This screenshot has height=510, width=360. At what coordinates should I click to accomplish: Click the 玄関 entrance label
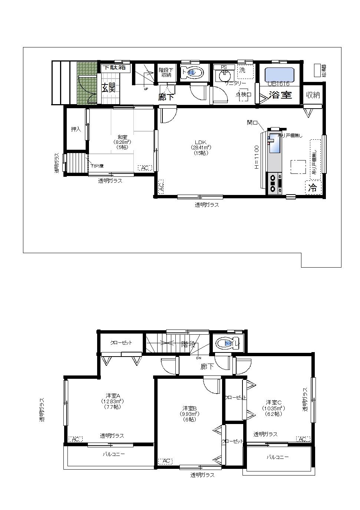point(109,88)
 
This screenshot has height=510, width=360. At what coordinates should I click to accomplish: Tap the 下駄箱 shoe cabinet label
point(114,67)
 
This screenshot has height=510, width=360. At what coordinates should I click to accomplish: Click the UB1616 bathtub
point(280,75)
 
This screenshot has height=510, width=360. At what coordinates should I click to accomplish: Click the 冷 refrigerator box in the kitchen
point(313,188)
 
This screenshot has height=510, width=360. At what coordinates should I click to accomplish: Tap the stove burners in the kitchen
point(274,183)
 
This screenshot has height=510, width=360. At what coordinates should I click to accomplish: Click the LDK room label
point(201,142)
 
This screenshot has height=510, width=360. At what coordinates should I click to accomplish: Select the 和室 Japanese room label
point(122,137)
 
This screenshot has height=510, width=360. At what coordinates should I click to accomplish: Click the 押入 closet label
point(76,129)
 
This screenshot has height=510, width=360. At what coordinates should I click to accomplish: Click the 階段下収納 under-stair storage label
point(165,72)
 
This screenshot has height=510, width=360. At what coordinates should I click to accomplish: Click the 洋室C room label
point(274,402)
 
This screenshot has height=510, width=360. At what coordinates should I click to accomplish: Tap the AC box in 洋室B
point(165,461)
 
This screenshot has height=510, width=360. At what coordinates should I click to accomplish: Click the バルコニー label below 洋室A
point(114,454)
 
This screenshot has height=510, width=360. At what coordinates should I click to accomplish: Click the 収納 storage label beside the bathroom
point(313,95)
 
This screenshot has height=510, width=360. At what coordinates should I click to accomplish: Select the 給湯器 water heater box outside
point(317,70)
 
